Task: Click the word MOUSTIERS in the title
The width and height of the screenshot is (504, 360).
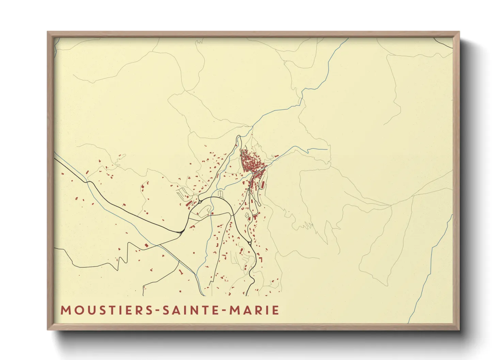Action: click(106, 310)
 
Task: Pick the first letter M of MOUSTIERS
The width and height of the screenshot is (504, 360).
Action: click(65, 310)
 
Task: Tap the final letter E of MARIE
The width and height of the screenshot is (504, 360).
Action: click(276, 310)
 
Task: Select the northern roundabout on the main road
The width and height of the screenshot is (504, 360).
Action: click(201, 201)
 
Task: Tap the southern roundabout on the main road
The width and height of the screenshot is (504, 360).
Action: click(250, 243)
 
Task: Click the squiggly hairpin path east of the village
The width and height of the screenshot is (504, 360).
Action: click(306, 225)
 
